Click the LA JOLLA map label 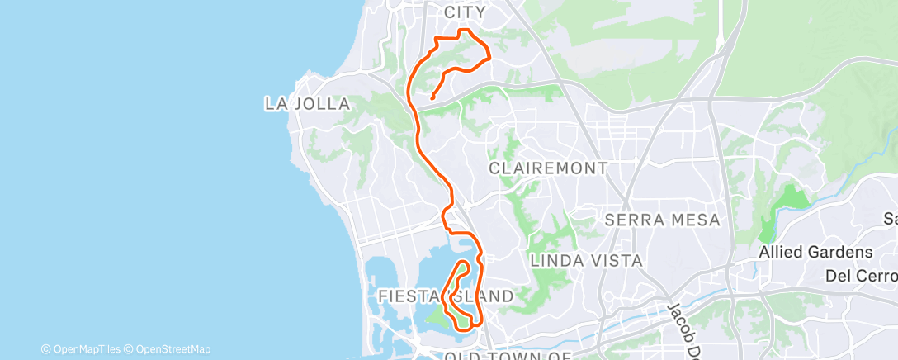[307, 104]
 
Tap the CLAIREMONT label [548, 168]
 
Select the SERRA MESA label [663, 220]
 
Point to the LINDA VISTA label [586, 261]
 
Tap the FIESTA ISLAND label [446, 296]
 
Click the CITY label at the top [466, 12]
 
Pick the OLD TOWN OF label [508, 355]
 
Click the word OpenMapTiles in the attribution [86, 349]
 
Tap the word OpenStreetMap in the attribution [173, 349]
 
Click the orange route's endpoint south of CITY [432, 99]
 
